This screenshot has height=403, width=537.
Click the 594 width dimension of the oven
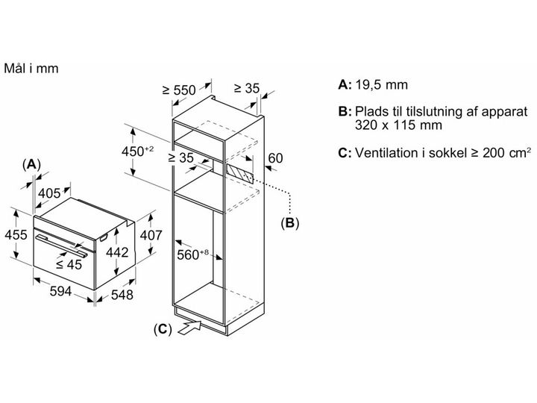click(60, 291)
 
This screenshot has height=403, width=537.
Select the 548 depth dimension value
click(122, 295)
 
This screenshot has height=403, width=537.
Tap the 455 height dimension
click(16, 235)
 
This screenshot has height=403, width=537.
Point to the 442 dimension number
click(117, 252)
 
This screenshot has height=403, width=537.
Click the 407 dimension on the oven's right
click(151, 235)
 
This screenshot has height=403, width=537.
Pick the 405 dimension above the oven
click(49, 193)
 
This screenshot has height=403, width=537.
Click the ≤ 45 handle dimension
click(69, 264)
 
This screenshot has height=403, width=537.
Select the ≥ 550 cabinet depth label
click(179, 90)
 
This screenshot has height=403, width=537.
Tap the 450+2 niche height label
click(138, 151)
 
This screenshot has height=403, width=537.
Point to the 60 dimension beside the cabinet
click(275, 158)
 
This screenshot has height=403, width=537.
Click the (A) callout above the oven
click(31, 165)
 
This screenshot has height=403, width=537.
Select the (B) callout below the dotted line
click(289, 223)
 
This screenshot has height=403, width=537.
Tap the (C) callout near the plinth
click(163, 329)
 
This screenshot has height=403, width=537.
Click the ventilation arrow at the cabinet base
click(189, 328)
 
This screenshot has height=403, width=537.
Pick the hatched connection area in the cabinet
click(239, 173)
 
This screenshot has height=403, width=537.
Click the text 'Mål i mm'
click(31, 68)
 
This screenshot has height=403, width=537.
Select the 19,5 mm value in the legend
click(381, 84)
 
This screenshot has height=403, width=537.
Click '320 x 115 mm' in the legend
click(398, 125)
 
